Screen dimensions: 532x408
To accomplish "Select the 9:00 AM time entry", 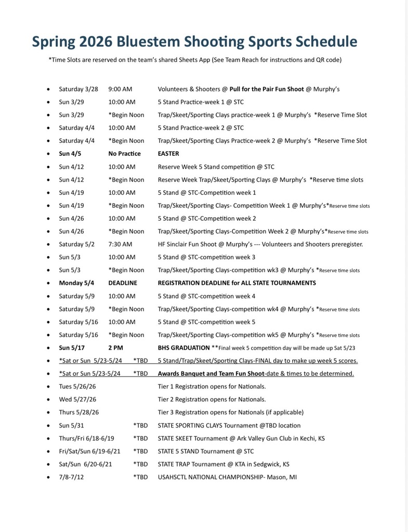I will pyautogui.click(x=122, y=89).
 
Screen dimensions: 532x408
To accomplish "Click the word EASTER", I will pyautogui.click(x=168, y=154).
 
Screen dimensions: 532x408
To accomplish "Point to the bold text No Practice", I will pyautogui.click(x=124, y=154).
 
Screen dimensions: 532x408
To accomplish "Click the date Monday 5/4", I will pyautogui.click(x=76, y=283).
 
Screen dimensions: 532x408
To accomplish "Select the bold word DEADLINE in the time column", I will pyautogui.click(x=123, y=283).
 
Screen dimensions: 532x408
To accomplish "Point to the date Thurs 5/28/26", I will pyautogui.click(x=79, y=413).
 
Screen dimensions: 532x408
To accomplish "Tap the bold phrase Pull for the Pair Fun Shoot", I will pyautogui.click(x=267, y=89).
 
